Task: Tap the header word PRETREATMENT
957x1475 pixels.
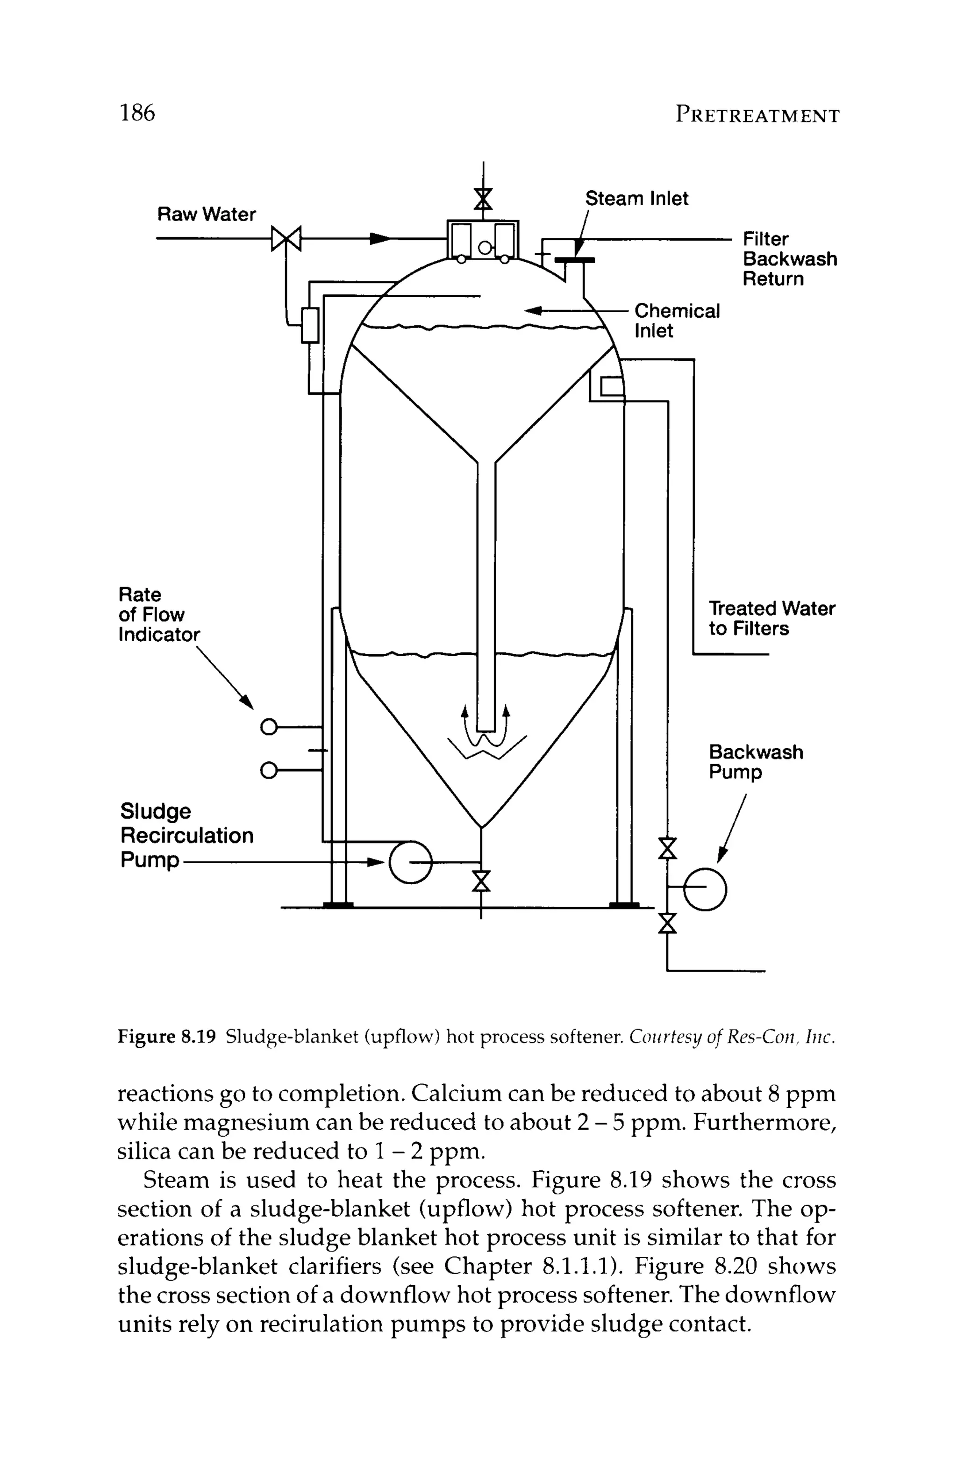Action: point(757,115)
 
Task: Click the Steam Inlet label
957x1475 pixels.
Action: point(636,199)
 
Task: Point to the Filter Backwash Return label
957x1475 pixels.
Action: point(789,259)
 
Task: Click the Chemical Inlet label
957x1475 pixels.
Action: point(676,321)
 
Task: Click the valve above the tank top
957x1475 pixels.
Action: point(483,200)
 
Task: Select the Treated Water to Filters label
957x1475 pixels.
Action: point(771,618)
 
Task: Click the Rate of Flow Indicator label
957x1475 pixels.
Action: point(159,614)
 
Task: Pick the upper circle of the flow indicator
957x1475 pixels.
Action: point(268,726)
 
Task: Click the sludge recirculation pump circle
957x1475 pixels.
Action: point(410,862)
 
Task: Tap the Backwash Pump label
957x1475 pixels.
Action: point(755,762)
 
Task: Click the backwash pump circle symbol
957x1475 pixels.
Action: point(705,890)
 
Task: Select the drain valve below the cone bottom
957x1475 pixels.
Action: point(481,881)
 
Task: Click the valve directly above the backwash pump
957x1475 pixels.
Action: point(667,848)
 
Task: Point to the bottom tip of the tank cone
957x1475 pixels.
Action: point(482,827)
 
